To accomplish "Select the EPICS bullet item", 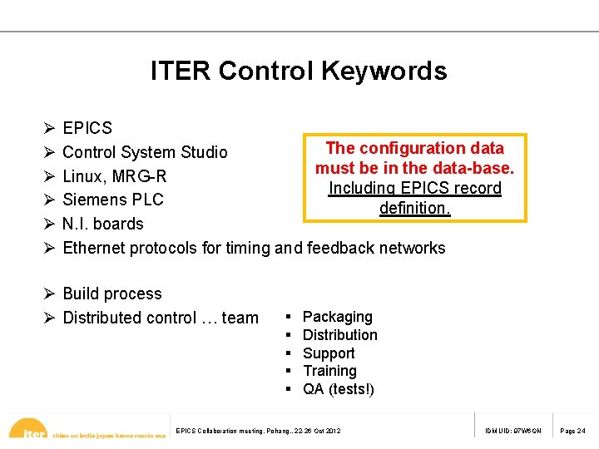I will tap(87, 128).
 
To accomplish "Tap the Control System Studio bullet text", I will tap(145, 152).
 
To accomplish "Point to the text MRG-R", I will tap(140, 176).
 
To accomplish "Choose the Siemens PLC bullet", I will tap(113, 200).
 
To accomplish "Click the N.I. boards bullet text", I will tap(103, 224).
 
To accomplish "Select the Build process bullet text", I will tap(112, 294).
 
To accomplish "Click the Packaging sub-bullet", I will tap(338, 317).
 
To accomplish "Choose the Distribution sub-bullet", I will tap(340, 335).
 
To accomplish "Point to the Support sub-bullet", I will tap(329, 353).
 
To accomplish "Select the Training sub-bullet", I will tap(329, 371).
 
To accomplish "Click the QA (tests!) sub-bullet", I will tap(339, 389).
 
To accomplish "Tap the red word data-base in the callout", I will tap(477, 168).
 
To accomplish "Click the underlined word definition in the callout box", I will tap(414, 208).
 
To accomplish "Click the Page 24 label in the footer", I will tap(572, 431).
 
